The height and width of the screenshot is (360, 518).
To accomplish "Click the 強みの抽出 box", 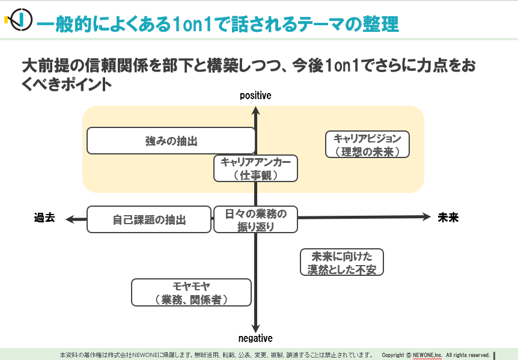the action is point(171,141).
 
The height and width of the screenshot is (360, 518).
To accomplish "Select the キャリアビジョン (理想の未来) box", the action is point(367,144).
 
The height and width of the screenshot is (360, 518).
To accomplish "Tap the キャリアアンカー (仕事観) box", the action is point(255,168).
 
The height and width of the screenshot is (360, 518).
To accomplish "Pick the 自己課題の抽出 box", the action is point(149,219).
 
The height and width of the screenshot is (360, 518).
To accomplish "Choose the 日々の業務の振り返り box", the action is point(255,219).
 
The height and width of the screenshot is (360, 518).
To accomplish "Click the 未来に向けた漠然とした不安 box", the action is point(342,262).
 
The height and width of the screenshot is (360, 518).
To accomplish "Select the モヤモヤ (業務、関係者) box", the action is point(191,293).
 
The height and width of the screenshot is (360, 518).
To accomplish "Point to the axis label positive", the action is point(255,96).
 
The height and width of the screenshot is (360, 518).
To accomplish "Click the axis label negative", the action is point(255,338).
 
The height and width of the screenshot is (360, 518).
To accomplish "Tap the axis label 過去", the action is point(44,218).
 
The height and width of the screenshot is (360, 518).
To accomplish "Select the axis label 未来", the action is point(448,218).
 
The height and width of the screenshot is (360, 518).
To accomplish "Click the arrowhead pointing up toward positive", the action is point(255,111).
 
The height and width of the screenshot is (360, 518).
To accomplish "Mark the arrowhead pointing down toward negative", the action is point(255,328).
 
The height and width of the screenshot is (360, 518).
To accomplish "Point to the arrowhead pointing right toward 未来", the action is point(427,217).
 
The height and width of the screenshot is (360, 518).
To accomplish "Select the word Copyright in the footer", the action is point(393,355).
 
